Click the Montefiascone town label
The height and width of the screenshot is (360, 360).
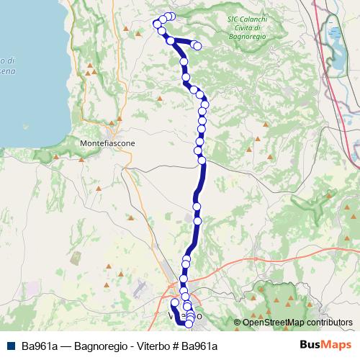108,143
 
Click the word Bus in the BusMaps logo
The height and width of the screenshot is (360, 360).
311,346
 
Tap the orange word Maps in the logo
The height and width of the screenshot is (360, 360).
336,346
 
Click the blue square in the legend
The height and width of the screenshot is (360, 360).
9,346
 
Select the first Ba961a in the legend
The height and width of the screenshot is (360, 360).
38,346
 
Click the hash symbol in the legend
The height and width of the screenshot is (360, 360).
175,346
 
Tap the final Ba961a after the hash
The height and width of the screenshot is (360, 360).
199,346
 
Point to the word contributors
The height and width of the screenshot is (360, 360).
330,323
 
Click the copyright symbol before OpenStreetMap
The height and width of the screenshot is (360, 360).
237,323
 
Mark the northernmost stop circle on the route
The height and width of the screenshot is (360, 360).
171,16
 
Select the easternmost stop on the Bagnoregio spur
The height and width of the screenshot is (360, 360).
197,47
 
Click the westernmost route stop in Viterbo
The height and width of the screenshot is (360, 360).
174,303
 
